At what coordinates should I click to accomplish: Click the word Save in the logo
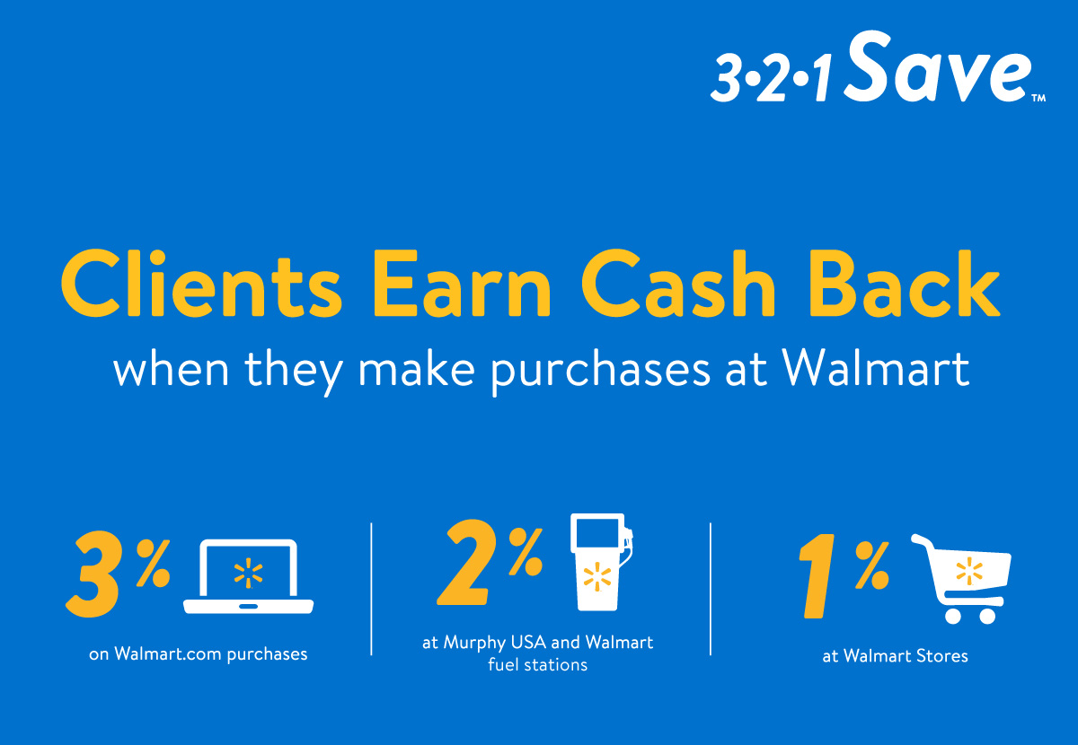(x=939, y=66)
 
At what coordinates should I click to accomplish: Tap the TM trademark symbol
(x=1039, y=98)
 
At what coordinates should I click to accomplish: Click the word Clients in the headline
(x=201, y=284)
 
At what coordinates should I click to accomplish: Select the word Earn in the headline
(x=462, y=284)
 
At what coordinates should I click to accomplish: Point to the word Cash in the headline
(x=678, y=284)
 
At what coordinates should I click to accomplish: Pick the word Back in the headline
(x=905, y=284)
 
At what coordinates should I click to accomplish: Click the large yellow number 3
(x=93, y=574)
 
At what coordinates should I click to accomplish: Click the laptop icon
(x=248, y=576)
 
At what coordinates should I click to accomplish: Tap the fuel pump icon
(x=601, y=562)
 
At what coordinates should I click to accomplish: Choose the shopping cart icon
(x=961, y=579)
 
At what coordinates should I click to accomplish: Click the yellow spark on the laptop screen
(x=248, y=574)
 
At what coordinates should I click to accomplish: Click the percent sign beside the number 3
(x=153, y=563)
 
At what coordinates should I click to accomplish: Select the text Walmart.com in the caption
(x=168, y=654)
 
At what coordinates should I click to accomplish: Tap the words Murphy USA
(x=495, y=643)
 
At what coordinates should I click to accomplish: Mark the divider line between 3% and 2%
(x=371, y=589)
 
